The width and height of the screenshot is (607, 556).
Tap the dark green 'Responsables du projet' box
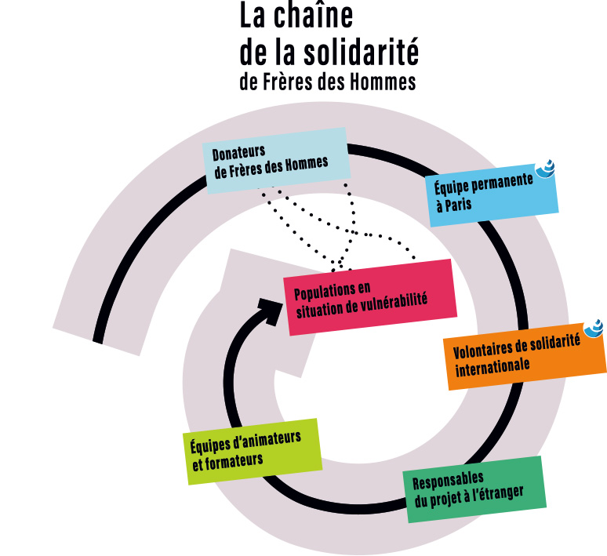[473, 488]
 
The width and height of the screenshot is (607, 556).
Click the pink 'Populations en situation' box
[369, 297]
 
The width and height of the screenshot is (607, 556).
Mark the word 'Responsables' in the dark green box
[448, 478]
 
